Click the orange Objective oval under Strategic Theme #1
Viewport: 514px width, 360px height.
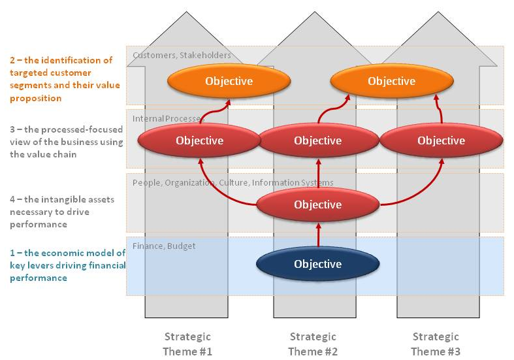pos(229,81)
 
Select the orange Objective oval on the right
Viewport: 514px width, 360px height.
pos(391,81)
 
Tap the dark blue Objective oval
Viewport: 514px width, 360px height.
pos(317,264)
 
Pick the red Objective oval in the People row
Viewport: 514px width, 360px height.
pos(317,205)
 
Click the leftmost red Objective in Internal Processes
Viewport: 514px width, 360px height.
pos(199,140)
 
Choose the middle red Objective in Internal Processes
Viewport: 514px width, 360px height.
pos(317,140)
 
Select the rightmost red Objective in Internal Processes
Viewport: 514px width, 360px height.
pos(441,140)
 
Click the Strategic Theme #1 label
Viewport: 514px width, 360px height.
pos(187,344)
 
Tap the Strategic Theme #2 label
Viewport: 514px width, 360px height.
pos(312,344)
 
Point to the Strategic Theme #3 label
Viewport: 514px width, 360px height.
pos(435,344)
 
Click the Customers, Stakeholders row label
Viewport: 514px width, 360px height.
pos(182,56)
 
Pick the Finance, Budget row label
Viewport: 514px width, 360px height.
pos(164,246)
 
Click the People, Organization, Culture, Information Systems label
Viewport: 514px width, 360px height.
pos(233,182)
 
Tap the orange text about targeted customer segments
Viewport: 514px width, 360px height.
pos(62,79)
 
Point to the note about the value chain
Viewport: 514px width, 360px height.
pos(66,142)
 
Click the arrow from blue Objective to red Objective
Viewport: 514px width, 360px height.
pos(318,235)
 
